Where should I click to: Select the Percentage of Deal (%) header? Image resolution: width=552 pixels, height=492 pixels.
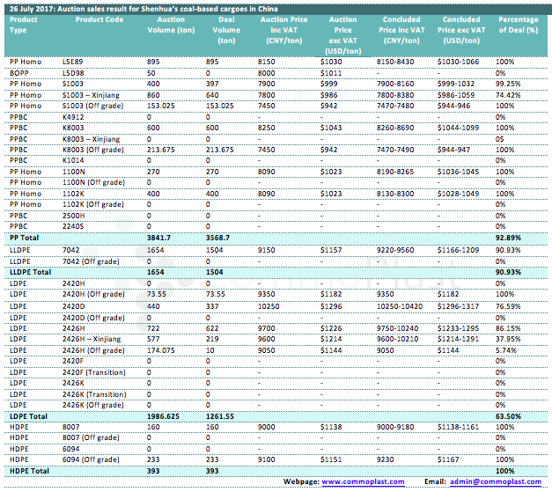click(518, 24)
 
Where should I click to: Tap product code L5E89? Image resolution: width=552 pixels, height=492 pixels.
click(74, 61)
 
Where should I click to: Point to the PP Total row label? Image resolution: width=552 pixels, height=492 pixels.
click(26, 238)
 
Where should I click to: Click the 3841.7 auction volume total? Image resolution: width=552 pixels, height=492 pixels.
click(161, 238)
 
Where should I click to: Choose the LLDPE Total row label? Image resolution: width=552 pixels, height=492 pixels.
click(32, 273)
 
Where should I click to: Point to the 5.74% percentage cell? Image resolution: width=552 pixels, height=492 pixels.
click(505, 349)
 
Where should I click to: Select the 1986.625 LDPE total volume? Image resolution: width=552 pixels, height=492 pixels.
click(165, 415)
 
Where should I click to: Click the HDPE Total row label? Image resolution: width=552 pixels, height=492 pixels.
click(29, 471)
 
